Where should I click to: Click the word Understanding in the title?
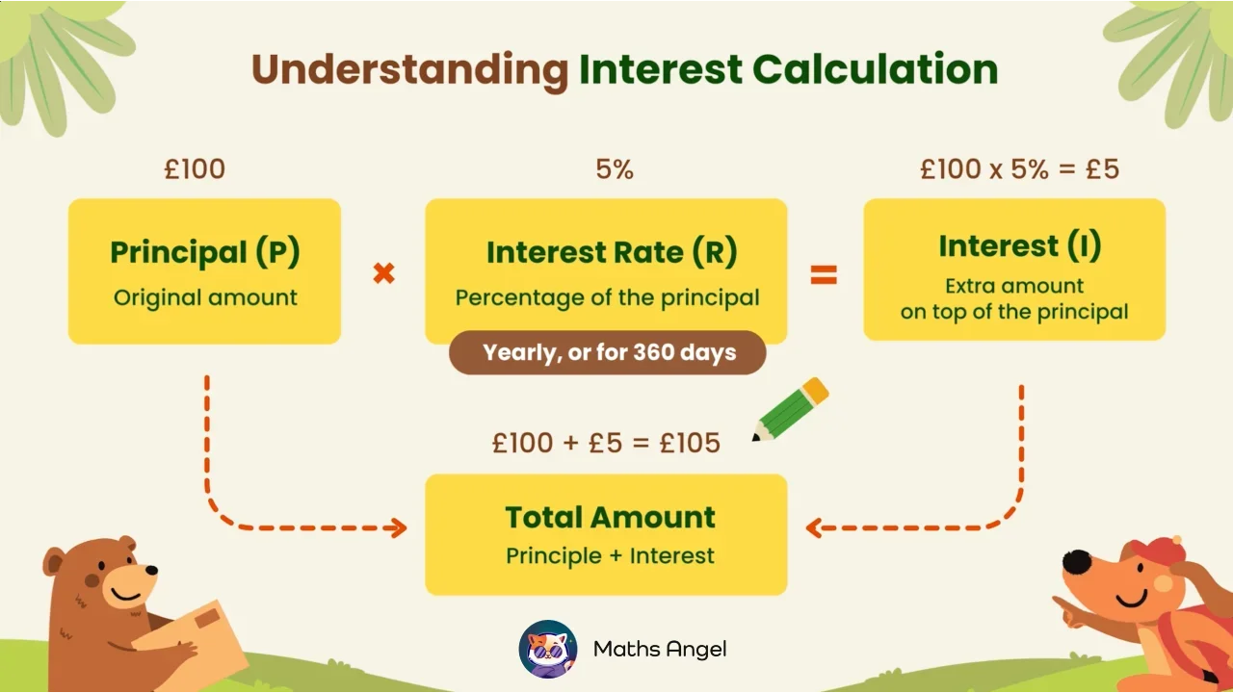coord(409,70)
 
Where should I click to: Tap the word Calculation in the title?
coord(875,70)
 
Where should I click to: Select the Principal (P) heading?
coord(204,252)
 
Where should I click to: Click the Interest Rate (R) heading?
coord(611,252)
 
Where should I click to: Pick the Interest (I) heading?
coord(1019,246)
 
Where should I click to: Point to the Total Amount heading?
coord(610,517)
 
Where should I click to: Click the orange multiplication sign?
coord(383,274)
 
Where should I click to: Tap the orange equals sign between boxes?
coord(823,275)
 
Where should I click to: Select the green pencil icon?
coord(791,409)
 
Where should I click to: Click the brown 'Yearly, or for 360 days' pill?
coord(608,352)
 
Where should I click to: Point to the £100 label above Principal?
coord(195,169)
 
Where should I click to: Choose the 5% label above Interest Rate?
coord(615,169)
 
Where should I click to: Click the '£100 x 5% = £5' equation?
coord(1019,169)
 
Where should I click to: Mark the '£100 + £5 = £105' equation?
coord(606,443)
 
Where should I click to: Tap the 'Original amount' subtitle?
coord(205,297)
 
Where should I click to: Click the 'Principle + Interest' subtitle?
coord(610,555)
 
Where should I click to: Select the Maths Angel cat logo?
coord(547,649)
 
